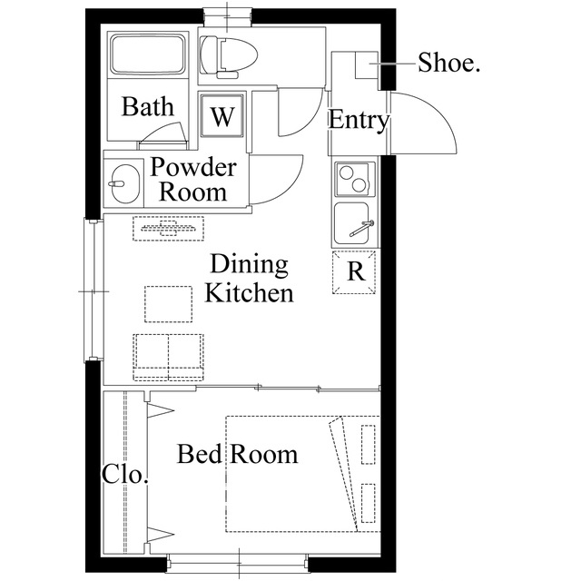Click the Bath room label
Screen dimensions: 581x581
[x=147, y=107]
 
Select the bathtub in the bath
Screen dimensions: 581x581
[x=148, y=54]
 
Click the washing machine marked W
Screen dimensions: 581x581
[x=222, y=115]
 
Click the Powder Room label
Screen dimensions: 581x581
[x=193, y=180]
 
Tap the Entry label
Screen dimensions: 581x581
[x=359, y=120]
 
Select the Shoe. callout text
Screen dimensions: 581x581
[x=448, y=62]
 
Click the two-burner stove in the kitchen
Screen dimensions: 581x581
[x=355, y=180]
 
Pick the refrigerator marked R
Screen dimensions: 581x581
[x=354, y=272]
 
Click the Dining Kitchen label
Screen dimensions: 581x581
[x=249, y=279]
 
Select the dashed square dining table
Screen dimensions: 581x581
[x=169, y=304]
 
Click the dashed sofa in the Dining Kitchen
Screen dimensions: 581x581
[x=168, y=357]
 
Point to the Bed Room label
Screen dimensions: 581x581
[x=238, y=454]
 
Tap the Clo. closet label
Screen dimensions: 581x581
[x=125, y=474]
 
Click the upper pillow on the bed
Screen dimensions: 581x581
[x=369, y=444]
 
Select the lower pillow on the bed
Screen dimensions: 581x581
[x=369, y=503]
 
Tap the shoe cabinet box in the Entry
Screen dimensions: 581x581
[x=367, y=64]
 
